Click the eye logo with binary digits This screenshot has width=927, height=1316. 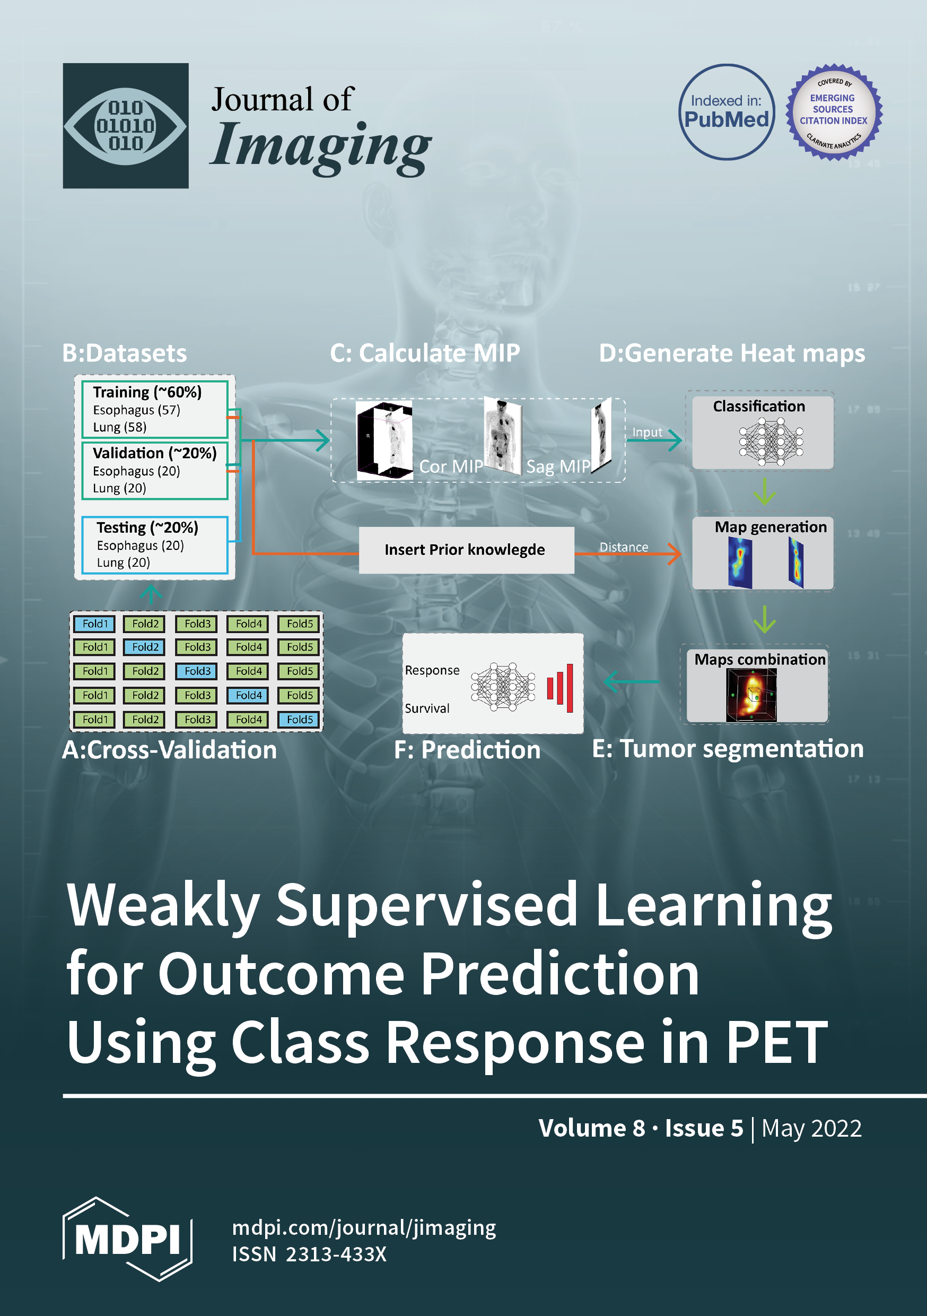126,126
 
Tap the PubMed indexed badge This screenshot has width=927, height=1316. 727,112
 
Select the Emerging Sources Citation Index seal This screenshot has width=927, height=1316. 834,112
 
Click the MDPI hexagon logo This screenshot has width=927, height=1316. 127,1239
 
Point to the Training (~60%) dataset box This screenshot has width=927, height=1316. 155,409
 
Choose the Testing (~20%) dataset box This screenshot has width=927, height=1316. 155,545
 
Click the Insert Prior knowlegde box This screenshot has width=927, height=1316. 466,550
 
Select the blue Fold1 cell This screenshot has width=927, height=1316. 95,624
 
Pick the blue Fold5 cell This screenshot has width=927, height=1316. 300,720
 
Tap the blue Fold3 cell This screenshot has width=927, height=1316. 197,671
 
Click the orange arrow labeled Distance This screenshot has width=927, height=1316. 628,553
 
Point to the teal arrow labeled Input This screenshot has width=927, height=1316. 654,439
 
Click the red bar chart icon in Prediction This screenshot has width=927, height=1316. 559,688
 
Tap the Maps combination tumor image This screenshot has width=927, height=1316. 751,695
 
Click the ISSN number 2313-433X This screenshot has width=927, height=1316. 336,1254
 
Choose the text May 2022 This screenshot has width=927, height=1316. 811,1128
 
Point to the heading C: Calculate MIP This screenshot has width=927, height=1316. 425,353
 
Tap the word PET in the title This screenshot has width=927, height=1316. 777,1043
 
